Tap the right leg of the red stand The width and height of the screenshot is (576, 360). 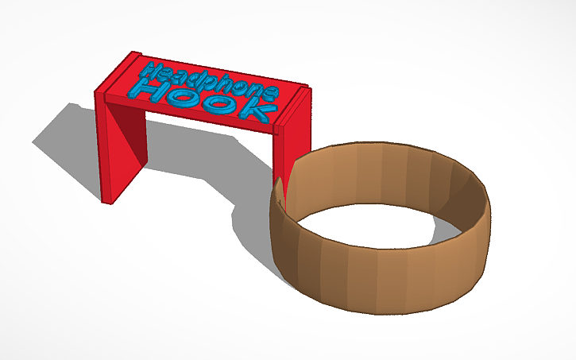(291, 147)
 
